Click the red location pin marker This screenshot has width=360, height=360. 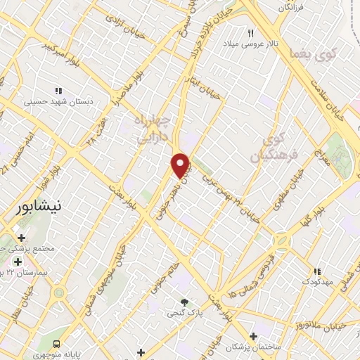click(180, 165)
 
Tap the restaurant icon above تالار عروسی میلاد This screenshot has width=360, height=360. click(251, 33)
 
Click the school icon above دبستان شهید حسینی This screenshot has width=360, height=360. click(59, 90)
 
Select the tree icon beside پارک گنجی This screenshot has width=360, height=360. click(185, 302)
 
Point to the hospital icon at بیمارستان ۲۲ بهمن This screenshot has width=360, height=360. click(18, 262)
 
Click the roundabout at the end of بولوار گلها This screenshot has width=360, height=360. click(281, 240)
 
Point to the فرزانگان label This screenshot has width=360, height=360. click(293, 6)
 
